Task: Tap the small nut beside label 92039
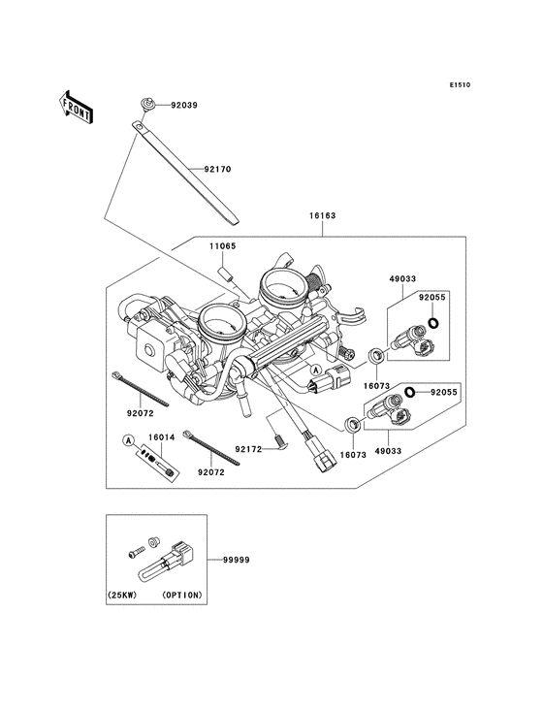[146, 102]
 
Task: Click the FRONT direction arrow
[77, 104]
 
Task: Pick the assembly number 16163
[323, 217]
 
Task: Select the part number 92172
[250, 423]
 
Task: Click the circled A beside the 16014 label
[126, 439]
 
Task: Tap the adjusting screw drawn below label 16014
[158, 463]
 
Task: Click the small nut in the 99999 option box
[153, 539]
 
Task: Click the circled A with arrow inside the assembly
[316, 371]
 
